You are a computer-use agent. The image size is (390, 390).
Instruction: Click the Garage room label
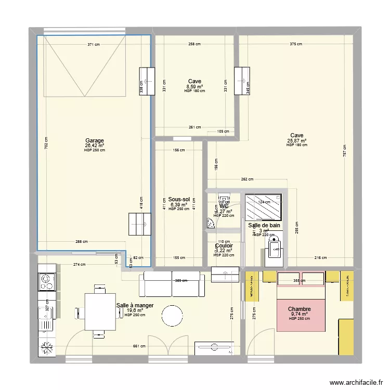click(x=95, y=140)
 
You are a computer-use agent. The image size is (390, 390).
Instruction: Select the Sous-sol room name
click(x=179, y=199)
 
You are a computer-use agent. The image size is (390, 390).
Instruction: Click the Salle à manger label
click(x=135, y=306)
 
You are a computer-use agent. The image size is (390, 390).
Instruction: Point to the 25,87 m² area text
click(x=296, y=140)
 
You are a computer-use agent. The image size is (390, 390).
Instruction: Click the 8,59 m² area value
click(x=194, y=86)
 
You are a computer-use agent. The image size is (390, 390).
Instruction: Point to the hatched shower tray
click(x=263, y=208)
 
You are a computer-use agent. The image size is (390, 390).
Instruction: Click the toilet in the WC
click(x=224, y=199)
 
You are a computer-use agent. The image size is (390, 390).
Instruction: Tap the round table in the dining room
click(x=172, y=315)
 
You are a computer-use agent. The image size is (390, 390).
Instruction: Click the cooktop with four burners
click(x=46, y=281)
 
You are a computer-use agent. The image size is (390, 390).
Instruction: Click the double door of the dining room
click(x=166, y=348)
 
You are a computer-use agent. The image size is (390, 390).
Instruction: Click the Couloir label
click(x=224, y=246)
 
